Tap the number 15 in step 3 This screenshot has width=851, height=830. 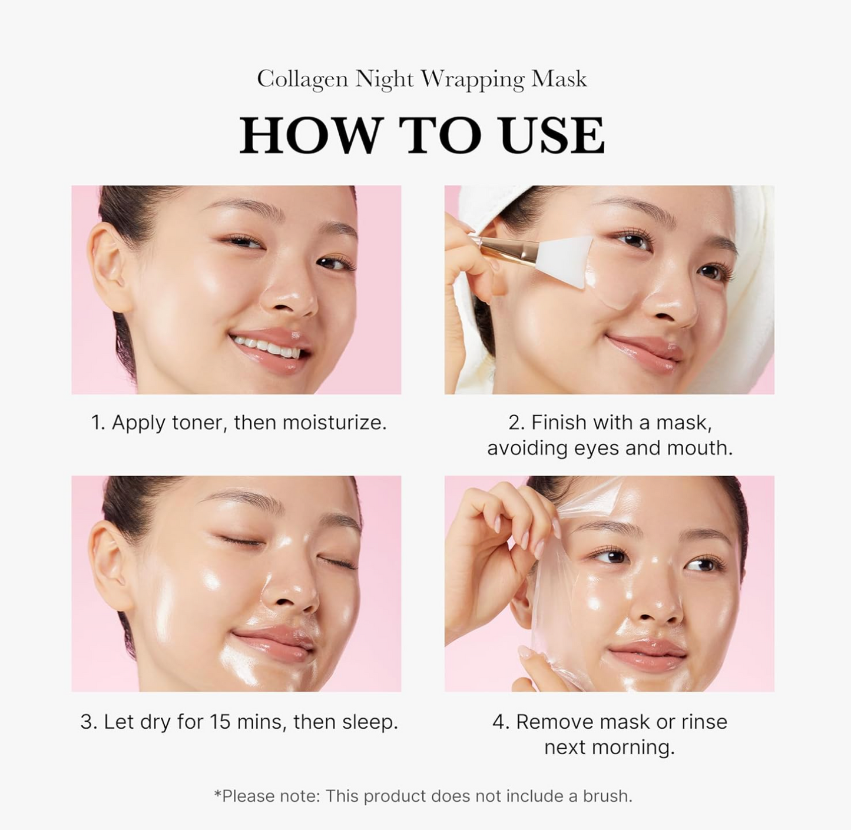click(x=220, y=722)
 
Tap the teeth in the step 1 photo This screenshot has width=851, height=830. click(x=267, y=347)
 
